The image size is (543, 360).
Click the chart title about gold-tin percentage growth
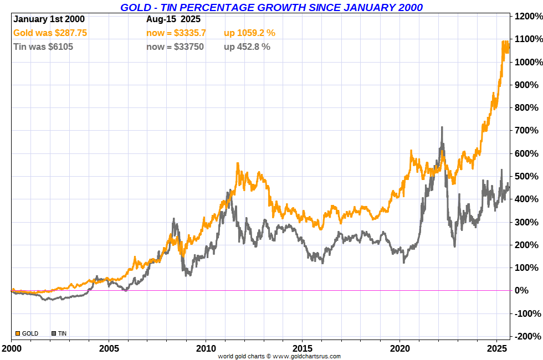coord(271,7)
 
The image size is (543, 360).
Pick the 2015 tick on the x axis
coord(303,349)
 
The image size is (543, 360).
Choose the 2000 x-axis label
coord(12,349)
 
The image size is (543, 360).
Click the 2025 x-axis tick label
coord(497,349)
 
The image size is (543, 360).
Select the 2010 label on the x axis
coord(206,349)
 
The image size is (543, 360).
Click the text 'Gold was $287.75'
coord(50,33)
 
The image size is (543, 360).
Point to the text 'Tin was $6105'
coord(43,47)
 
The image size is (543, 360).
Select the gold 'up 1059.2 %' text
coord(249,33)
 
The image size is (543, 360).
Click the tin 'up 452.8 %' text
coord(247,47)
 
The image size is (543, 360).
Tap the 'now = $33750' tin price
coord(175,47)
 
